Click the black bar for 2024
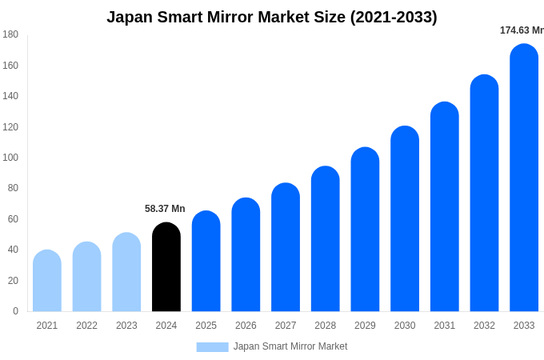click(x=166, y=267)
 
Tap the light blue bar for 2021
click(x=47, y=281)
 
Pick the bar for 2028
click(x=326, y=239)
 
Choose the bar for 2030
click(x=405, y=219)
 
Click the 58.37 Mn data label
click(x=165, y=209)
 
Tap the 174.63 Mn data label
click(x=522, y=30)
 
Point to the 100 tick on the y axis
click(x=10, y=158)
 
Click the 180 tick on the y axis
click(x=10, y=34)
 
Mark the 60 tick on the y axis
click(x=13, y=219)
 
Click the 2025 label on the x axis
click(x=206, y=326)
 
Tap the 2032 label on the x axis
click(x=484, y=326)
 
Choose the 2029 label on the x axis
click(x=365, y=326)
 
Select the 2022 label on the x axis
click(x=86, y=326)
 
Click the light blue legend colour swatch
click(x=212, y=347)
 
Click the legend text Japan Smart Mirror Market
click(x=290, y=346)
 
